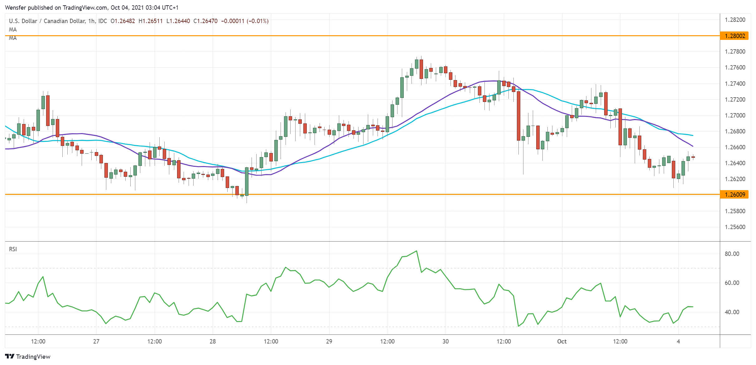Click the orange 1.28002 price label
(x=734, y=36)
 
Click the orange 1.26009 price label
(x=734, y=195)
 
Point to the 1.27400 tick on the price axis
(x=735, y=84)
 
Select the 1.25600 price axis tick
(x=735, y=227)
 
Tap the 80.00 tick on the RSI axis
(x=732, y=254)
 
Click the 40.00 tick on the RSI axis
(x=732, y=312)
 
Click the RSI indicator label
(x=13, y=249)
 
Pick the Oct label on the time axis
(x=562, y=341)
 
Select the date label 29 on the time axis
(x=329, y=341)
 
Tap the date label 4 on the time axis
(x=678, y=341)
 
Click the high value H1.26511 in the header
(x=151, y=21)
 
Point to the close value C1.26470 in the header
(x=205, y=21)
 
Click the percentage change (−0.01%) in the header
(x=258, y=21)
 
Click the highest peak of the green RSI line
(x=417, y=251)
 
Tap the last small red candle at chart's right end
(x=693, y=157)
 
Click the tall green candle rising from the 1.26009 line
(x=247, y=181)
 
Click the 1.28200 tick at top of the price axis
(x=735, y=20)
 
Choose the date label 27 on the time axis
(x=96, y=341)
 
